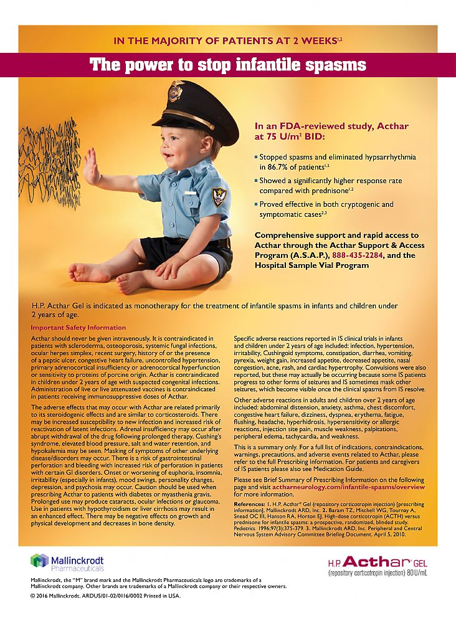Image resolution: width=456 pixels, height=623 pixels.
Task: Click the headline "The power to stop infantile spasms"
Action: click(227, 65)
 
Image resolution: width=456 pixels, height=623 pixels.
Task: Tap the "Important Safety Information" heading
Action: click(78, 328)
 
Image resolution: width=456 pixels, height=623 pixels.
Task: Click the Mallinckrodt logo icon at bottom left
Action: click(39, 561)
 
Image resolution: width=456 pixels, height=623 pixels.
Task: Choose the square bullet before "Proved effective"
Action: click(255, 204)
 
